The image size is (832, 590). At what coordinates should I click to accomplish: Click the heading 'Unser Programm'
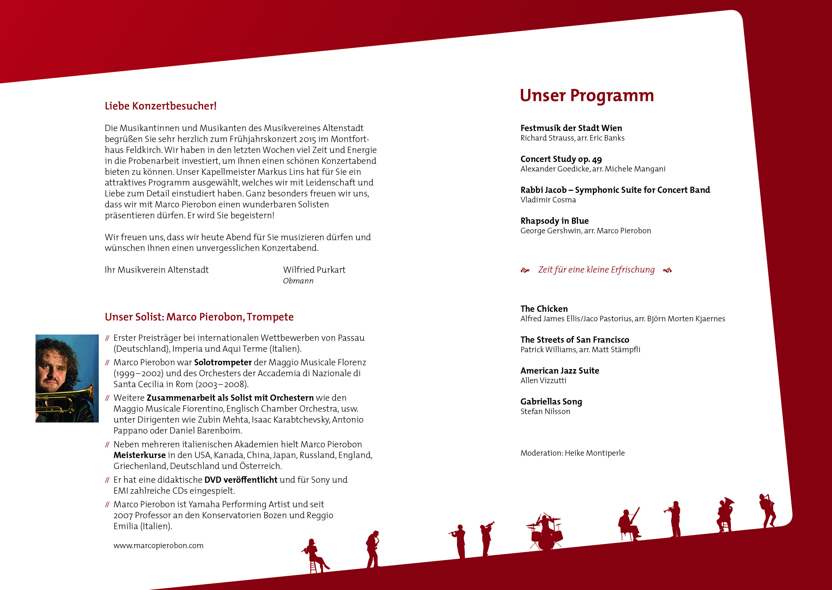pyautogui.click(x=587, y=96)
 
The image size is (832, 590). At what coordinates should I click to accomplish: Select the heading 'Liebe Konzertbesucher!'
pyautogui.click(x=160, y=106)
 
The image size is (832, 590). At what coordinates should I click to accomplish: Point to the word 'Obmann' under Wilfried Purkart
pyautogui.click(x=298, y=281)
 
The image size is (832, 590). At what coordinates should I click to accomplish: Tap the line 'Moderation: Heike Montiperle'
pyautogui.click(x=572, y=453)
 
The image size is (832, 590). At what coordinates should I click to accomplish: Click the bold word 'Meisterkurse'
pyautogui.click(x=140, y=455)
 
